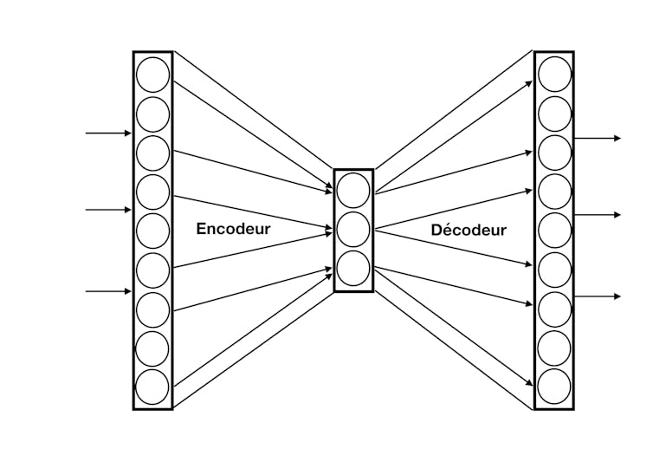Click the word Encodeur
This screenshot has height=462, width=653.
click(233, 229)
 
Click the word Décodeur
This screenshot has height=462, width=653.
click(469, 231)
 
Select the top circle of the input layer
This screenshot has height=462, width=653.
click(153, 75)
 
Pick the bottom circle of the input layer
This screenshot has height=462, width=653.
click(152, 387)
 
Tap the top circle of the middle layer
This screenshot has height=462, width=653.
click(353, 191)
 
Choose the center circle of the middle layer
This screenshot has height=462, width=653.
click(353, 230)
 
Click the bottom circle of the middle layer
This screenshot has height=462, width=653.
click(353, 268)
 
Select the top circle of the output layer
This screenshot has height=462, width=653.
click(555, 74)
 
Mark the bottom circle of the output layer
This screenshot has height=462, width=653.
click(554, 387)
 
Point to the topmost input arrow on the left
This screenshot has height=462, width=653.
click(108, 133)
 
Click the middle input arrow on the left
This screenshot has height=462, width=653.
click(108, 210)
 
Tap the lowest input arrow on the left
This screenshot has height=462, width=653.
click(108, 291)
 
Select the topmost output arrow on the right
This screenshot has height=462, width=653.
click(598, 138)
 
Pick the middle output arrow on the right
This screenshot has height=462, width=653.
click(598, 215)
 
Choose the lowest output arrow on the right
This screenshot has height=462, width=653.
click(598, 296)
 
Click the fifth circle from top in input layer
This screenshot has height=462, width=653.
click(153, 231)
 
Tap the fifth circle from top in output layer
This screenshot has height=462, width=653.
click(555, 231)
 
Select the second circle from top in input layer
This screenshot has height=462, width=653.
click(153, 114)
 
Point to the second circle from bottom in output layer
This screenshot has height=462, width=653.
click(554, 348)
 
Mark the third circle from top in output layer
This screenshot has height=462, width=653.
click(555, 153)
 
